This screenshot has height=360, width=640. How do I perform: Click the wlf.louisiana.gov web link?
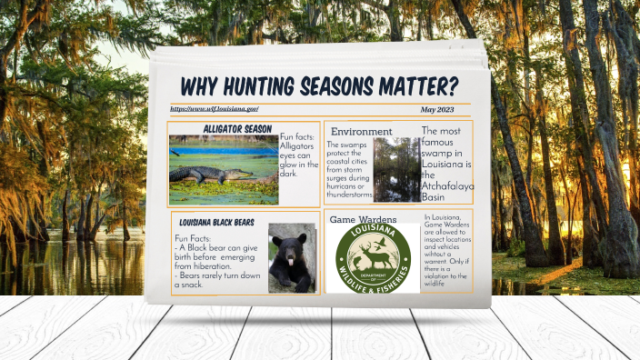tap(214, 109)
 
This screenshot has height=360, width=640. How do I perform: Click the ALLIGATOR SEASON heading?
tap(237, 128)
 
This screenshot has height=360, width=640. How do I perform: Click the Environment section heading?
tap(361, 132)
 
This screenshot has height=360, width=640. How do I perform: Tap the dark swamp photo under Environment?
tap(396, 169)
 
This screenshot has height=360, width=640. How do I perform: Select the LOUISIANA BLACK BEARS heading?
tap(216, 222)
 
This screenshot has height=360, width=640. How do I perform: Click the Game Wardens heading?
tap(364, 220)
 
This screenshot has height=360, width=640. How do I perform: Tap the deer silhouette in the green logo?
tap(373, 257)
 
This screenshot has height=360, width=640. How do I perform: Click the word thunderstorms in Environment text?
tap(349, 195)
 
